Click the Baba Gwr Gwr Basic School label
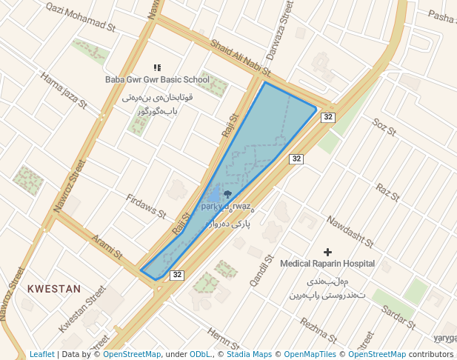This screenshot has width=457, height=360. pos(157,80)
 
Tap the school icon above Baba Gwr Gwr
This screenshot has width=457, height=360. pos(156,67)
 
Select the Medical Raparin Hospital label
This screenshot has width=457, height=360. pos(327,264)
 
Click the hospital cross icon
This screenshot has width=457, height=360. pos(328,252)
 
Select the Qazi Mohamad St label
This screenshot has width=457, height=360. pos(81,16)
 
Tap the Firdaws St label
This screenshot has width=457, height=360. pos(146,207)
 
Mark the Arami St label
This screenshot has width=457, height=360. pos(107,247)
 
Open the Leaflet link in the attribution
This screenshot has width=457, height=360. pos(42,355)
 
